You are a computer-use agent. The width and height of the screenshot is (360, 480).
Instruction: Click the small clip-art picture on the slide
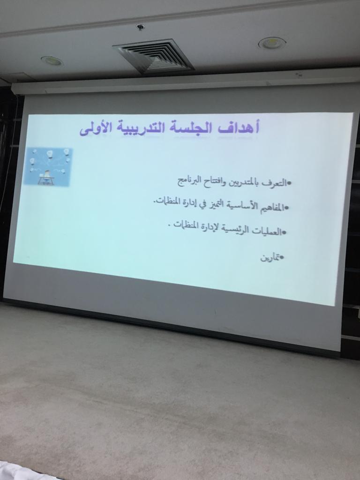48,166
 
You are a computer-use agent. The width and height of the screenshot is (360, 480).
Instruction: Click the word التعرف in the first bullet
276,183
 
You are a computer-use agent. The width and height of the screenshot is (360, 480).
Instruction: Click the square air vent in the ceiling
154,56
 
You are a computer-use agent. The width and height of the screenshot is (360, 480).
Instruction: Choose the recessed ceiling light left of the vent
52,60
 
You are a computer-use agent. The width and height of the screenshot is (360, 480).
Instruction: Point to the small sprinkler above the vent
141,27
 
